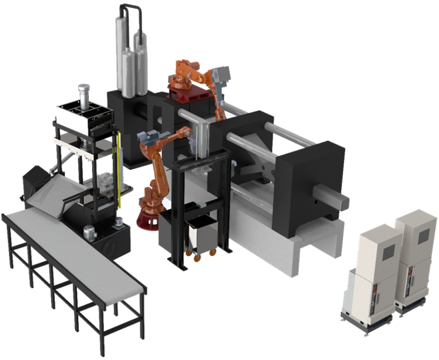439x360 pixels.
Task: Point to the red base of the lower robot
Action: click(x=150, y=220)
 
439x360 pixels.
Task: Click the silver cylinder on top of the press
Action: click(x=83, y=93)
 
